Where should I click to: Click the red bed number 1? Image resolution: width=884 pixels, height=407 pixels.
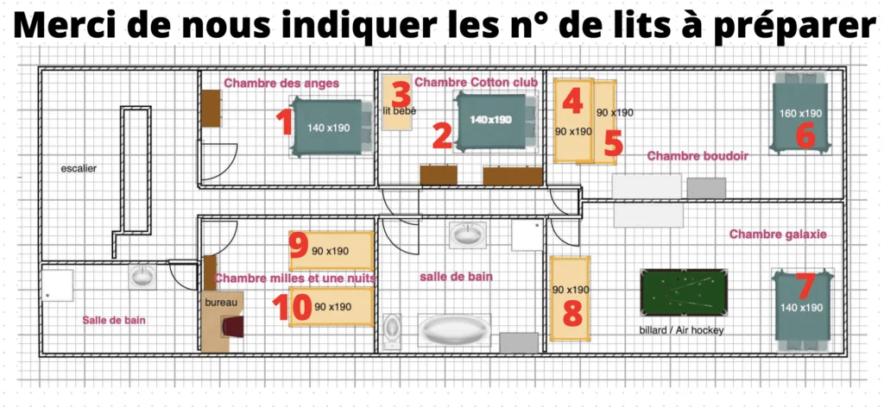point(283,122)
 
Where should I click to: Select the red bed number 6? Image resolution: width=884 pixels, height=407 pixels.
point(805,135)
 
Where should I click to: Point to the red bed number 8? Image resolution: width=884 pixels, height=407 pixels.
point(571,312)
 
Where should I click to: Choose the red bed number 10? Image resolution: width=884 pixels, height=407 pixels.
point(291,305)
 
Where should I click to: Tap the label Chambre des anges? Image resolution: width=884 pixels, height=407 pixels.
point(281,84)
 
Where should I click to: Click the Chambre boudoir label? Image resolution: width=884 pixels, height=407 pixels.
point(697,156)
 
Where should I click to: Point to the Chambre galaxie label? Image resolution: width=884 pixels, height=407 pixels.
point(778,234)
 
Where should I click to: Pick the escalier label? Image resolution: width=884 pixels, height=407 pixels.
point(79,168)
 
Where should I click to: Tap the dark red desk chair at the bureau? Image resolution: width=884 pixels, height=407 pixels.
point(233,327)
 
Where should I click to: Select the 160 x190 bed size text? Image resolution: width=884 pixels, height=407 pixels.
point(802,114)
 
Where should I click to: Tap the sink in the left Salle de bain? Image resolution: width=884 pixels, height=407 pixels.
point(142,277)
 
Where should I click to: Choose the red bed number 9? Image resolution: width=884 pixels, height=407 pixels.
point(299,247)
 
